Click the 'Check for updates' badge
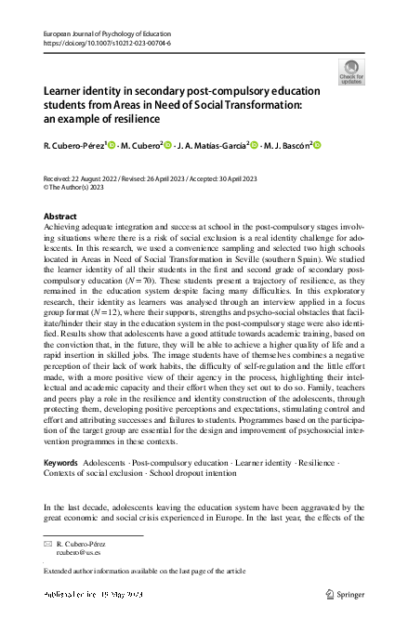(351, 72)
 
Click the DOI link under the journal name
(94, 43)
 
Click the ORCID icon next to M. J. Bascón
(316, 145)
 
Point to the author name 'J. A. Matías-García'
(210, 146)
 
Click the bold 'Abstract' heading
(61, 215)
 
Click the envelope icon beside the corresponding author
(48, 541)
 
